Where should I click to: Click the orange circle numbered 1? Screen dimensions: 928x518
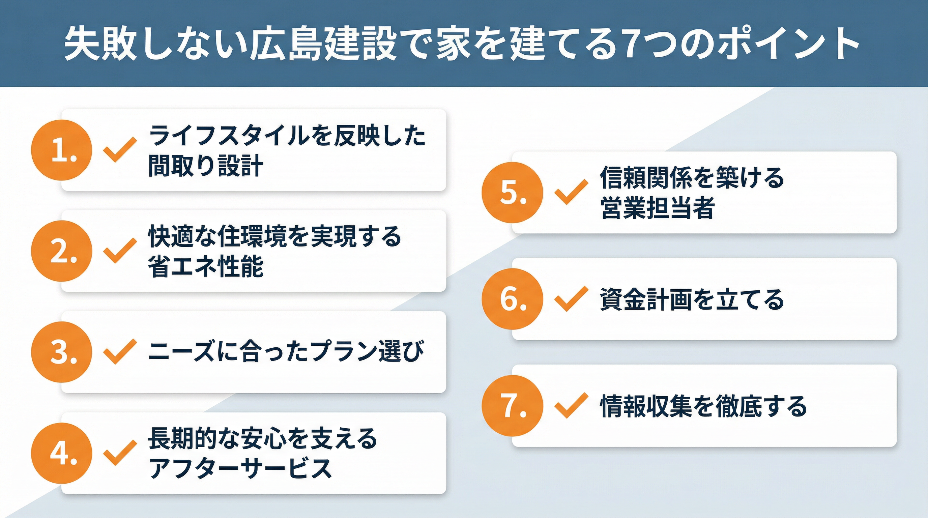click(x=62, y=150)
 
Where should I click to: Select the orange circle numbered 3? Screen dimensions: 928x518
click(x=62, y=352)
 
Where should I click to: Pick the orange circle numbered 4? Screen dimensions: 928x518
click(x=62, y=453)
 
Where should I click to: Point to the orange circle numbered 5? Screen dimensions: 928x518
click(x=512, y=192)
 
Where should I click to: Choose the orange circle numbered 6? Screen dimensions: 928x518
click(x=512, y=298)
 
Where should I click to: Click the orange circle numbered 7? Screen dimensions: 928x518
click(x=512, y=406)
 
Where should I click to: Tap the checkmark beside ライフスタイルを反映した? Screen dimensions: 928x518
click(x=120, y=149)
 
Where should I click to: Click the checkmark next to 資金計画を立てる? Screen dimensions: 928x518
click(x=571, y=298)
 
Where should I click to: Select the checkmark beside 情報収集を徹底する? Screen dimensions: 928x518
click(x=571, y=406)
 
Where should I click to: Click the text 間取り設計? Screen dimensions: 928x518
click(x=206, y=166)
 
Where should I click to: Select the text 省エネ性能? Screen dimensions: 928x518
click(x=206, y=267)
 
